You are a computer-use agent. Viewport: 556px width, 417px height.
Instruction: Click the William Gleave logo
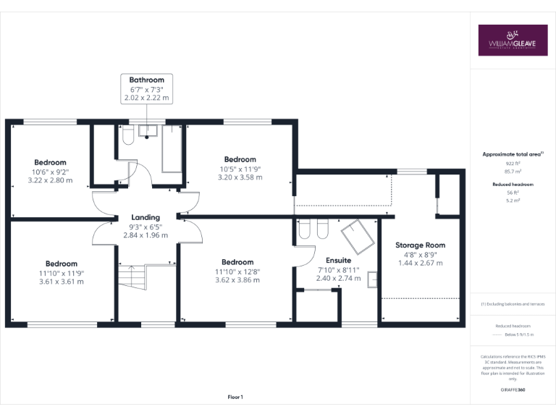click(513, 41)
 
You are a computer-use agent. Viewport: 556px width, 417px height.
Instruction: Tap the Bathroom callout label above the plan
click(146, 80)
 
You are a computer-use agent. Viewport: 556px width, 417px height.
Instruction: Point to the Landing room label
click(145, 217)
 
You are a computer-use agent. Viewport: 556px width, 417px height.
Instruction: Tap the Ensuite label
click(338, 260)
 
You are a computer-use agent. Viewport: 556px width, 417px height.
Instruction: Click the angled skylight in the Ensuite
click(356, 234)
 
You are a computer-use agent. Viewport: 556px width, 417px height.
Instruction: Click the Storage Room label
click(420, 245)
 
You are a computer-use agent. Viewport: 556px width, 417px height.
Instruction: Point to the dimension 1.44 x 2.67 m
click(420, 263)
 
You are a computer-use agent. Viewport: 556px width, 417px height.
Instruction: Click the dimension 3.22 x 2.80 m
click(50, 180)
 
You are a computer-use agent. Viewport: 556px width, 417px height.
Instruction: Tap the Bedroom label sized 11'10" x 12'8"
click(237, 262)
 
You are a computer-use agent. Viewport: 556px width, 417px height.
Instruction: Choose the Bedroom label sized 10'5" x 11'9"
click(240, 159)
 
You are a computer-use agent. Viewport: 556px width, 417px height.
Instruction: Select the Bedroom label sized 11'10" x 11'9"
click(61, 264)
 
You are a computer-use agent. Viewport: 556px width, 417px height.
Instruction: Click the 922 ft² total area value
click(513, 164)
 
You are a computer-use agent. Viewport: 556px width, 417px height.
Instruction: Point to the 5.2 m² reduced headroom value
click(513, 201)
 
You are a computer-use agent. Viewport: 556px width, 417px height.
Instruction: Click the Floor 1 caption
click(235, 397)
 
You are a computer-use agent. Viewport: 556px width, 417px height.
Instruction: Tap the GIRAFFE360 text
click(513, 390)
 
